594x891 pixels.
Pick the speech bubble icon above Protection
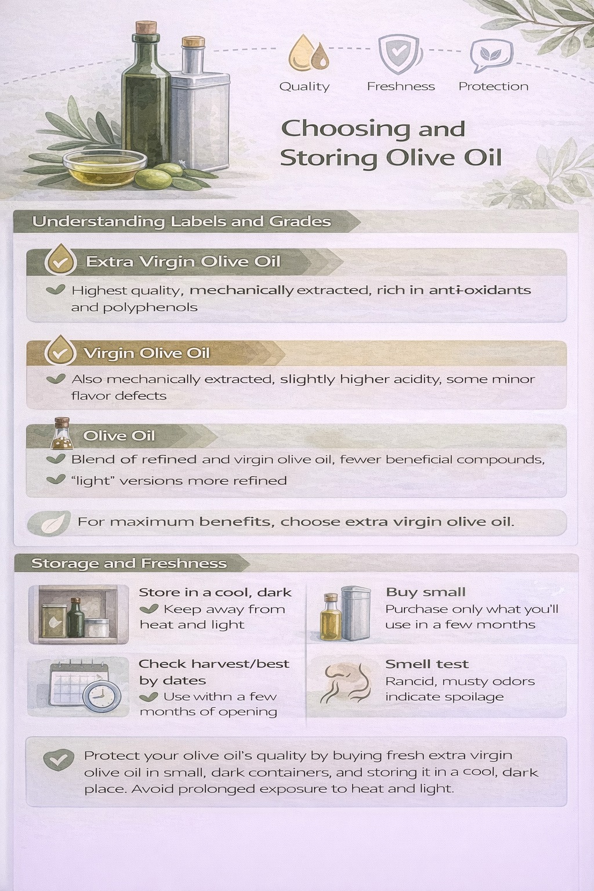pyautogui.click(x=487, y=55)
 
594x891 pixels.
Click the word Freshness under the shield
pyautogui.click(x=401, y=86)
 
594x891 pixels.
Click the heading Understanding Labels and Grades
pyautogui.click(x=182, y=222)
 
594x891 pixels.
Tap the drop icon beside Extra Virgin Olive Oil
pyautogui.click(x=60, y=260)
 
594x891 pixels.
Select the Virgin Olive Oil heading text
pyautogui.click(x=146, y=353)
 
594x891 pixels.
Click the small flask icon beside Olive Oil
pyautogui.click(x=61, y=434)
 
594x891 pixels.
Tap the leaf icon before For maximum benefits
pyautogui.click(x=51, y=523)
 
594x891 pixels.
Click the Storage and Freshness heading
pyautogui.click(x=129, y=563)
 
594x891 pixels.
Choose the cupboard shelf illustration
pyautogui.click(x=78, y=614)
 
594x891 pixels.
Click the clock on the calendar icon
pyautogui.click(x=102, y=696)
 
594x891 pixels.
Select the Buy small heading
pyautogui.click(x=425, y=592)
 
